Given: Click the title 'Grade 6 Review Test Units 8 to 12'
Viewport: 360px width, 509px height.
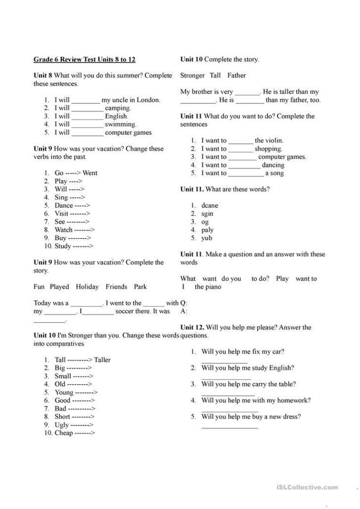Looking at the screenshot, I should point(84,60).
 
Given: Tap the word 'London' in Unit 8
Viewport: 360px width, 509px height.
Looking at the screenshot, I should point(148,100).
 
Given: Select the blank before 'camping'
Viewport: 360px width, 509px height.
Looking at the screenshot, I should point(87,108).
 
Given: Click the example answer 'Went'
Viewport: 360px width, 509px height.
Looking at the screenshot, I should point(90,173).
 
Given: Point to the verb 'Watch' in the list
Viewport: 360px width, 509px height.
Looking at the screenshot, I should point(63,230).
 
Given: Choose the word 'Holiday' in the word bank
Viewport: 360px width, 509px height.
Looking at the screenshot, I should point(87,287).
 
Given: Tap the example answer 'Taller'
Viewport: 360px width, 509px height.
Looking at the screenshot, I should point(102,360).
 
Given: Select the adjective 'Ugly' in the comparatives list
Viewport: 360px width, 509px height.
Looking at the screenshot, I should point(62,424).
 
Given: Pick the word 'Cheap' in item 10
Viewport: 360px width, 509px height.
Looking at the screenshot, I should point(64,433).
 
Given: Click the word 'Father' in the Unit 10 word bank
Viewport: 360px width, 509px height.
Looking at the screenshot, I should point(236,76).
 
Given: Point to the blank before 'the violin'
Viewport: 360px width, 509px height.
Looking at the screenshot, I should point(241,141).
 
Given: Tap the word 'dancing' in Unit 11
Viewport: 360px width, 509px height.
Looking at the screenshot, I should point(273,165).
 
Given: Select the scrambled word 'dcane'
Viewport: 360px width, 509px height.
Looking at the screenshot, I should point(210,206).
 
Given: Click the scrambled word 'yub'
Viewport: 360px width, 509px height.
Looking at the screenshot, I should point(207,238).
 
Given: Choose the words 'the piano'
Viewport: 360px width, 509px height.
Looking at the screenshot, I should point(208,287).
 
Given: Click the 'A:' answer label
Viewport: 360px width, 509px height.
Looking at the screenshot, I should point(184,311).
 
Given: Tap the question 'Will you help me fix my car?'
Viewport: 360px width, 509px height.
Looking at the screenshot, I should point(242,352).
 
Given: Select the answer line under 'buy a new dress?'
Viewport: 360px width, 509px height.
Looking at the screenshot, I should point(229,426).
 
